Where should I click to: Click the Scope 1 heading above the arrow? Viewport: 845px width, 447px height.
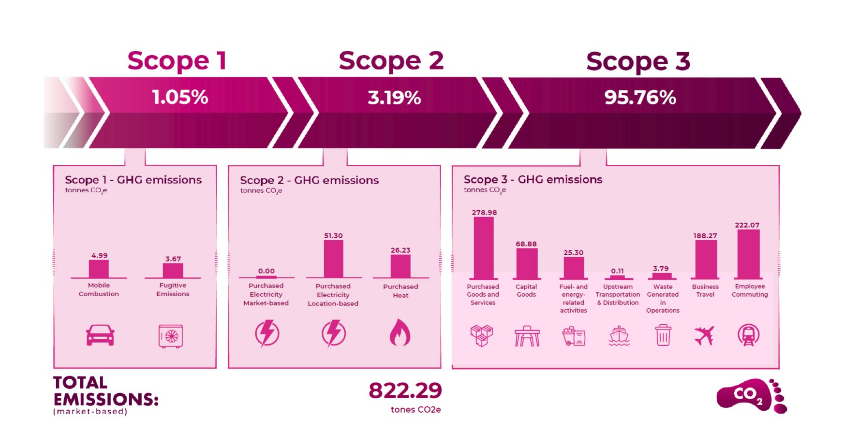177,61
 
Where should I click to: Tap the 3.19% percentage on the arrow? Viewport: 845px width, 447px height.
394,98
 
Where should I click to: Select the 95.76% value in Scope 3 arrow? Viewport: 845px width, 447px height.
640,98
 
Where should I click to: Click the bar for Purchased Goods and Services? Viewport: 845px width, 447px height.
484,247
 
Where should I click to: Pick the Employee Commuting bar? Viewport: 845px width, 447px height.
748,254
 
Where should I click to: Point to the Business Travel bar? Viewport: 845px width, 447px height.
706,259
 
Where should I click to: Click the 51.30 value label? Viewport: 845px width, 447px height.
333,236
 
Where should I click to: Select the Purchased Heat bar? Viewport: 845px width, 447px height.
400,266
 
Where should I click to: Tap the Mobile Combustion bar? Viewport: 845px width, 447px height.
99,269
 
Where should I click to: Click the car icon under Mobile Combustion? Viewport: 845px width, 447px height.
100,335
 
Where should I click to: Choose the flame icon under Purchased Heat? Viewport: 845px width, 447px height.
400,333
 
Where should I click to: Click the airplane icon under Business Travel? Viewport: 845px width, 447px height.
704,335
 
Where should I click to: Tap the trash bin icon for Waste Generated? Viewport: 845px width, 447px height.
663,335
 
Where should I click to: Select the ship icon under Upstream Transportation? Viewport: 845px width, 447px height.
619,336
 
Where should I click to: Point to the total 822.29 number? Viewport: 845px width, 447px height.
405,390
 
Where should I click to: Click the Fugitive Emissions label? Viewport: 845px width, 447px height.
173,289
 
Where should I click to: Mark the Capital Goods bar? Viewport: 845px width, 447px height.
527,263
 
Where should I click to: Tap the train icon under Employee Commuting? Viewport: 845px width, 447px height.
748,335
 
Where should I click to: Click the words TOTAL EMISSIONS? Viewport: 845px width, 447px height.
105,391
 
